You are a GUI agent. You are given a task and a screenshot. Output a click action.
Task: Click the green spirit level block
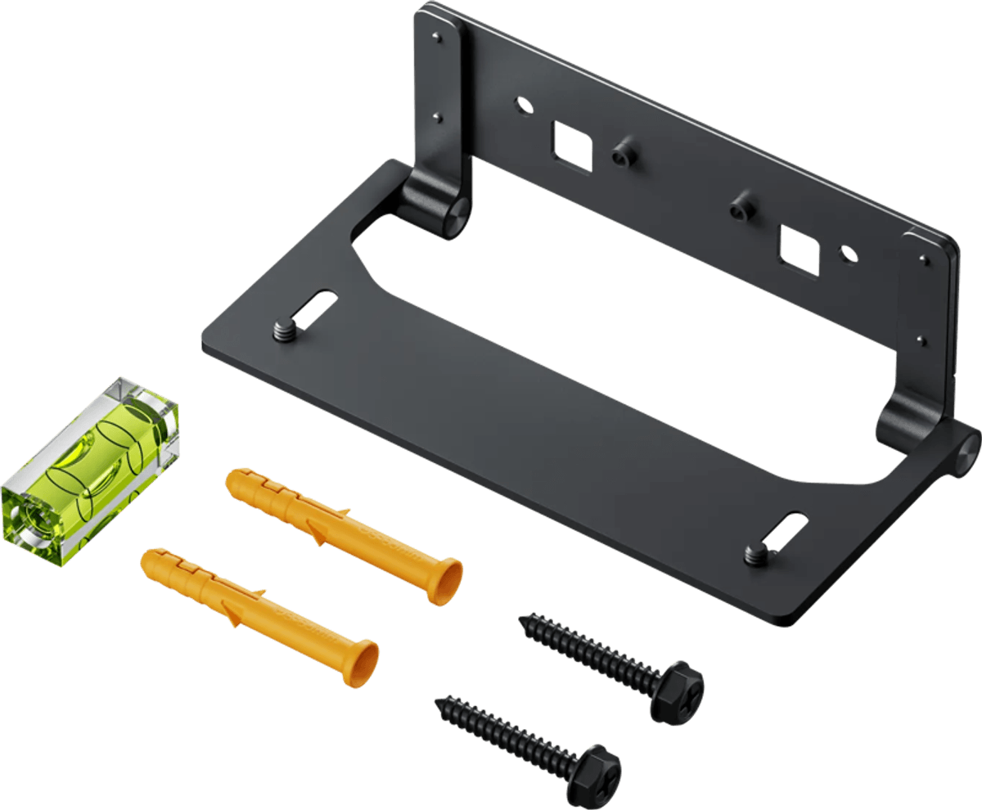[x=90, y=470]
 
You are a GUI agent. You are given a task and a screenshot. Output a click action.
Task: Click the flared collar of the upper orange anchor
[x=446, y=582]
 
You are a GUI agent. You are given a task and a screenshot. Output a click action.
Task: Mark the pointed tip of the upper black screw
[x=524, y=619]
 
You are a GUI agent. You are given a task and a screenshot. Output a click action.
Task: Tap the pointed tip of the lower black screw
[x=440, y=701]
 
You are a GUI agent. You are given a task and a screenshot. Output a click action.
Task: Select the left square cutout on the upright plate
[x=572, y=146]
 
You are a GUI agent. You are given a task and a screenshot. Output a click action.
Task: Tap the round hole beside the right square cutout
[x=848, y=254]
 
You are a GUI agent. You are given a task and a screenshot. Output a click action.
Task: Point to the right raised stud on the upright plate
[x=741, y=205]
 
